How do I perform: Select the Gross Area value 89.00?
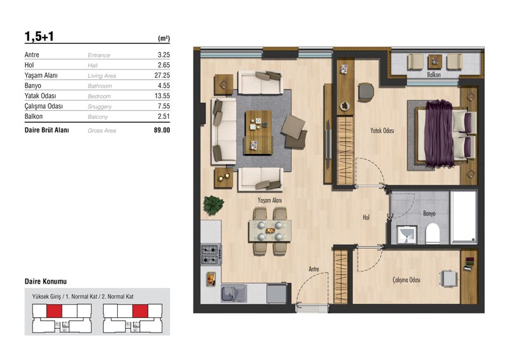click(x=162, y=130)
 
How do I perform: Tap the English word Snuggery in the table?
click(x=100, y=106)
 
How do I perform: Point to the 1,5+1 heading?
click(x=39, y=36)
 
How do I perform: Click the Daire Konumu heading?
click(x=46, y=281)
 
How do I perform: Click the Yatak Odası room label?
click(x=382, y=130)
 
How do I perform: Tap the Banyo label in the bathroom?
click(x=429, y=213)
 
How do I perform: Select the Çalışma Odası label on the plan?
click(x=407, y=279)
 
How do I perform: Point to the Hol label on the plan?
click(x=366, y=217)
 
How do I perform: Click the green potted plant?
click(x=213, y=205)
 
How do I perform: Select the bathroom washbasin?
click(x=407, y=234)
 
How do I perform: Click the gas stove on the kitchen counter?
click(x=211, y=254)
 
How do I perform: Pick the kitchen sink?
click(x=234, y=293)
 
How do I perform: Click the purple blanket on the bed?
click(x=438, y=134)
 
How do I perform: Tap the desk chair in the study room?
click(x=449, y=279)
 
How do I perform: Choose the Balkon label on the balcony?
click(x=434, y=74)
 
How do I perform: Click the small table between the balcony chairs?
click(x=435, y=61)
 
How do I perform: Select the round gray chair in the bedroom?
click(x=366, y=92)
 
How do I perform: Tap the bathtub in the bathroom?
click(x=464, y=216)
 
